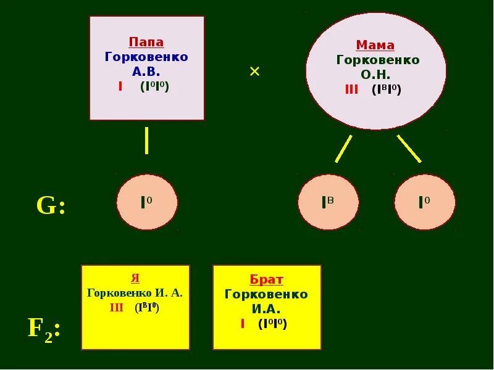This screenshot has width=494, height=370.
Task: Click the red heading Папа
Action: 146,43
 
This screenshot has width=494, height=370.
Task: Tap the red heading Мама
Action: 375,46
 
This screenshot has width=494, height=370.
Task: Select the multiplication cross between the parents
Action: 254,72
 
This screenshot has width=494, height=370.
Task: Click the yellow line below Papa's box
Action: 146,141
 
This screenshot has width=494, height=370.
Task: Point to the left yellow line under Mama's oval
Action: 343,149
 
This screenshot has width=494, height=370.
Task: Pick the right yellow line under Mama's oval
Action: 409,149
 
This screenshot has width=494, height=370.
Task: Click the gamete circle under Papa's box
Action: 147,202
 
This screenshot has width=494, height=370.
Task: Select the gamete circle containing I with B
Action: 329,202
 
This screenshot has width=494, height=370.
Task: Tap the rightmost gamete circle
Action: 425,202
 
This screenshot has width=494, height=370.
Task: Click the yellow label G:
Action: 51,206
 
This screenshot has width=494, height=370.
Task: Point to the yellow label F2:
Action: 43,329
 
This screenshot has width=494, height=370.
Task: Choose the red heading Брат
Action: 267,279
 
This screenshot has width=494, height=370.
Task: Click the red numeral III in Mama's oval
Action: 351,90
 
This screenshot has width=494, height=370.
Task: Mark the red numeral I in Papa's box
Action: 120,86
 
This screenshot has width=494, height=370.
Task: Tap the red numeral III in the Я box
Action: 117,308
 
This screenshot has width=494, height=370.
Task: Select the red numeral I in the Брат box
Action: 243,324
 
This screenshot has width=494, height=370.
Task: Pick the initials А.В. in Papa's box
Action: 146,72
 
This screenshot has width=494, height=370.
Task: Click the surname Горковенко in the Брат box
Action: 266,294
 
